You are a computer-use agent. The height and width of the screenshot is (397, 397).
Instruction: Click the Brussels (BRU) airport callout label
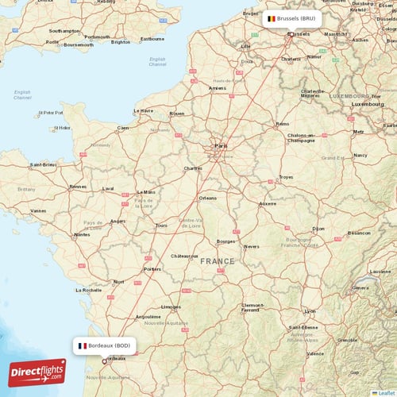[293, 18]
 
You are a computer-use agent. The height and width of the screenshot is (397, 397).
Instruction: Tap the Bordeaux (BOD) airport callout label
[106, 346]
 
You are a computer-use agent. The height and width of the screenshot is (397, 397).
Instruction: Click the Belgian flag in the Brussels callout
[271, 18]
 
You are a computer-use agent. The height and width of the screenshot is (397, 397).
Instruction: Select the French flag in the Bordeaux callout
[83, 346]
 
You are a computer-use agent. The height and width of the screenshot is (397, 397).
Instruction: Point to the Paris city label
[221, 146]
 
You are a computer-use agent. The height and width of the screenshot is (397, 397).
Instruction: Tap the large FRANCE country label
[217, 261]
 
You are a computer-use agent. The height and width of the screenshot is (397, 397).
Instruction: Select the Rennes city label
[78, 187]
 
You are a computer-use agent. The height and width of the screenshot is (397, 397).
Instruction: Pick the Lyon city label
[310, 311]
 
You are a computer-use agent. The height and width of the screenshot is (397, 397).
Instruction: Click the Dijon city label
[318, 229]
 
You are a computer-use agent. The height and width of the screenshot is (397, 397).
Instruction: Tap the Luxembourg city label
[367, 104]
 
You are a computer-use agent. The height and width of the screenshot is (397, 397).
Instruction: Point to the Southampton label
[64, 31]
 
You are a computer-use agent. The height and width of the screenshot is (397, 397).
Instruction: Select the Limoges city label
[170, 306]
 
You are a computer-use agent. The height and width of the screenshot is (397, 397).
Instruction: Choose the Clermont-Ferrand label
[252, 307]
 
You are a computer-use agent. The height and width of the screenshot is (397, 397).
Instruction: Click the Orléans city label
[208, 198]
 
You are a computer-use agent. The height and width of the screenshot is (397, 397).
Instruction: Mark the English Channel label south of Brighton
[158, 61]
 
